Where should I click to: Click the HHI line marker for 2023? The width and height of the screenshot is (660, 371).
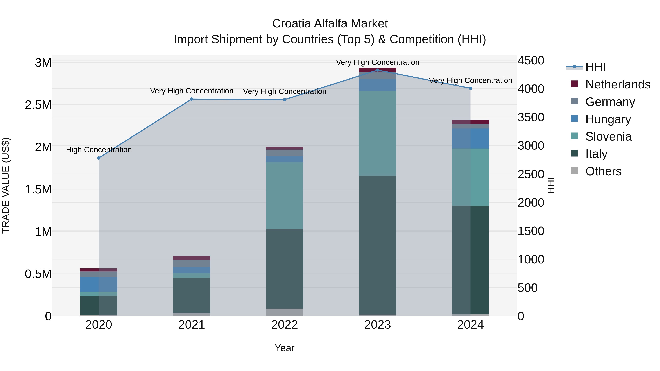tap(377, 70)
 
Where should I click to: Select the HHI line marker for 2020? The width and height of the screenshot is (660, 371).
tap(99, 158)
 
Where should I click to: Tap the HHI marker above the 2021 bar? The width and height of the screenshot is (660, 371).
tap(192, 99)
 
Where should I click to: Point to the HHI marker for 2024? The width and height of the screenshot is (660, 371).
tap(470, 88)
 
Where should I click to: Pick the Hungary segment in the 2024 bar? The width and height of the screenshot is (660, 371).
tap(470, 139)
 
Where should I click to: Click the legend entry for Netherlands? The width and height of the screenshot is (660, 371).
tap(617, 84)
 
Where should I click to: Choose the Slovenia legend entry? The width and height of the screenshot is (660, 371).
tap(608, 136)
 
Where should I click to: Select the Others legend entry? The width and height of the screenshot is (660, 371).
tap(603, 171)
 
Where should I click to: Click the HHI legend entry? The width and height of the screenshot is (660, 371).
tap(595, 67)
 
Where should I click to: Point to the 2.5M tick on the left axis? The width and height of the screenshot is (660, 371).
tap(38, 105)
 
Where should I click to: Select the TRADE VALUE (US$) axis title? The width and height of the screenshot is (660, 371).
tap(6, 185)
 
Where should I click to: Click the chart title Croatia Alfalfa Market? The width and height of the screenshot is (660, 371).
tap(330, 24)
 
